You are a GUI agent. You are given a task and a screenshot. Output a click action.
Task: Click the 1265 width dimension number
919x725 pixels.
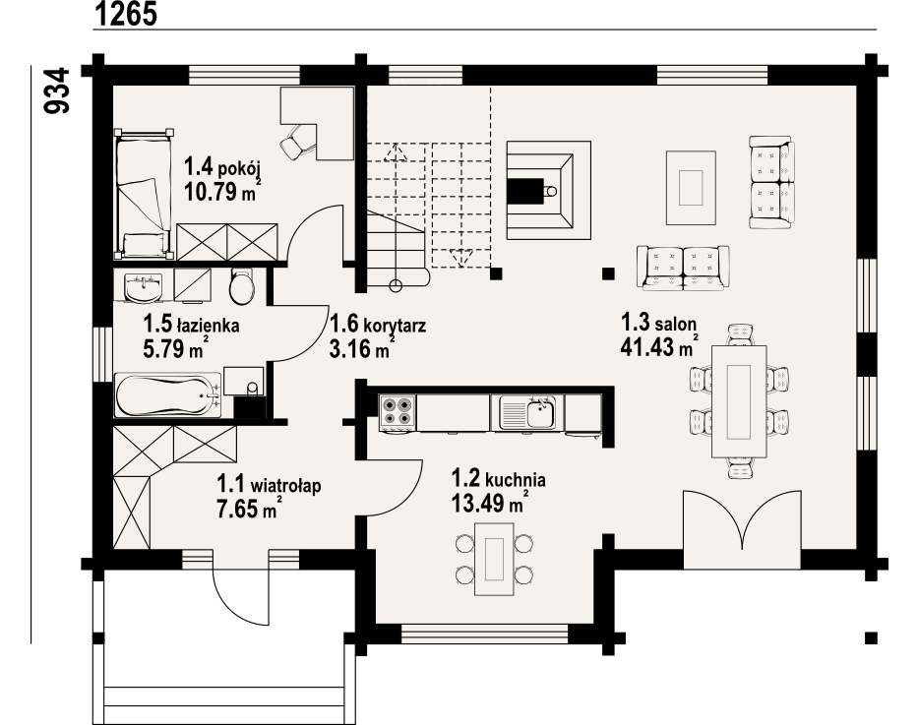(x=125, y=14)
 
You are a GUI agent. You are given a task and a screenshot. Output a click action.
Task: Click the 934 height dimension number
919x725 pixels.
(x=57, y=91)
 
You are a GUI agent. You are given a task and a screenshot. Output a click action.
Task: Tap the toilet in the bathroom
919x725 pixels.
(x=241, y=286)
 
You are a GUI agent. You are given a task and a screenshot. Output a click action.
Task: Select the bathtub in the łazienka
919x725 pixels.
(x=167, y=395)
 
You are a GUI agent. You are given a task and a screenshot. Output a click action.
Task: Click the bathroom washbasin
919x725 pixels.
(x=143, y=288)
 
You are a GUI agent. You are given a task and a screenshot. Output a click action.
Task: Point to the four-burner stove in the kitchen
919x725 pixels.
(x=398, y=412)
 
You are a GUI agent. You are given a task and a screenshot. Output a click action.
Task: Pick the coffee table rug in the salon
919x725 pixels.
(x=691, y=187)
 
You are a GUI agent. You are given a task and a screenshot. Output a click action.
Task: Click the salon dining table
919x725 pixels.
(x=739, y=401)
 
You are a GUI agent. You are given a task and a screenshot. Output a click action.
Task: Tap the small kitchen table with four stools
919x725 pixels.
(x=495, y=558)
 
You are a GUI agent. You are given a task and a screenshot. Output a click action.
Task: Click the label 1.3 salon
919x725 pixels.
(x=658, y=323)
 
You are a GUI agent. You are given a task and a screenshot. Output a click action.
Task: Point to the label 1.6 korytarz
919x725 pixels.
(x=378, y=324)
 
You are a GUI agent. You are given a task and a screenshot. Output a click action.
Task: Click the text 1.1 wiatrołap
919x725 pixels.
(x=269, y=485)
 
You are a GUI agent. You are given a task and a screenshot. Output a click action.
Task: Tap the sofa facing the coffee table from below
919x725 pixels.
(x=684, y=268)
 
